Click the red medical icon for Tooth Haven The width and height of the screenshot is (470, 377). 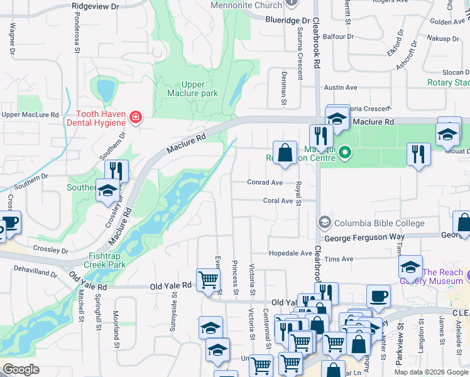[x=134, y=117]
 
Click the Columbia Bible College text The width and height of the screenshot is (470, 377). [x=380, y=223]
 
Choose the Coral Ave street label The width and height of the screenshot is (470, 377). [x=278, y=201]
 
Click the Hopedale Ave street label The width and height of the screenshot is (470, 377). [x=290, y=253]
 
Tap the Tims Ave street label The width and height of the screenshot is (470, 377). [x=340, y=259]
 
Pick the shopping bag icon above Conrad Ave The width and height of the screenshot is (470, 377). [x=285, y=153]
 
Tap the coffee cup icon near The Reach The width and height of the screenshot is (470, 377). [x=378, y=295]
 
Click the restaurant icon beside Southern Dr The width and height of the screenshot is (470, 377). [x=116, y=170]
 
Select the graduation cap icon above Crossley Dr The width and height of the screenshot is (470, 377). [x=107, y=190]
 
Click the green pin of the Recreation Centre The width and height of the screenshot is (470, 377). [x=344, y=152]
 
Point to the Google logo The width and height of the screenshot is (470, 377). [x=21, y=369]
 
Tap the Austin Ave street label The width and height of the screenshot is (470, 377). [x=340, y=87]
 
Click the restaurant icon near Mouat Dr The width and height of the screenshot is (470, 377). [x=418, y=154]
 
